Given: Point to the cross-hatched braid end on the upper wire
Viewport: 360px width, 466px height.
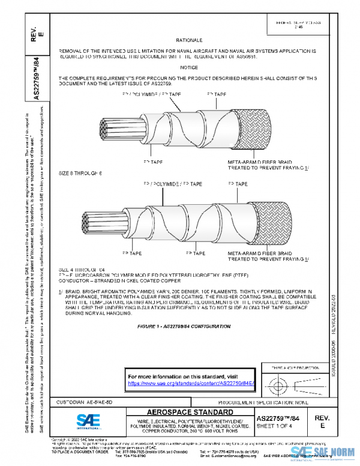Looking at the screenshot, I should pos(252,131).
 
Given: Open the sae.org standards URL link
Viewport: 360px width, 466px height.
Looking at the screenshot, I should pos(192,383).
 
